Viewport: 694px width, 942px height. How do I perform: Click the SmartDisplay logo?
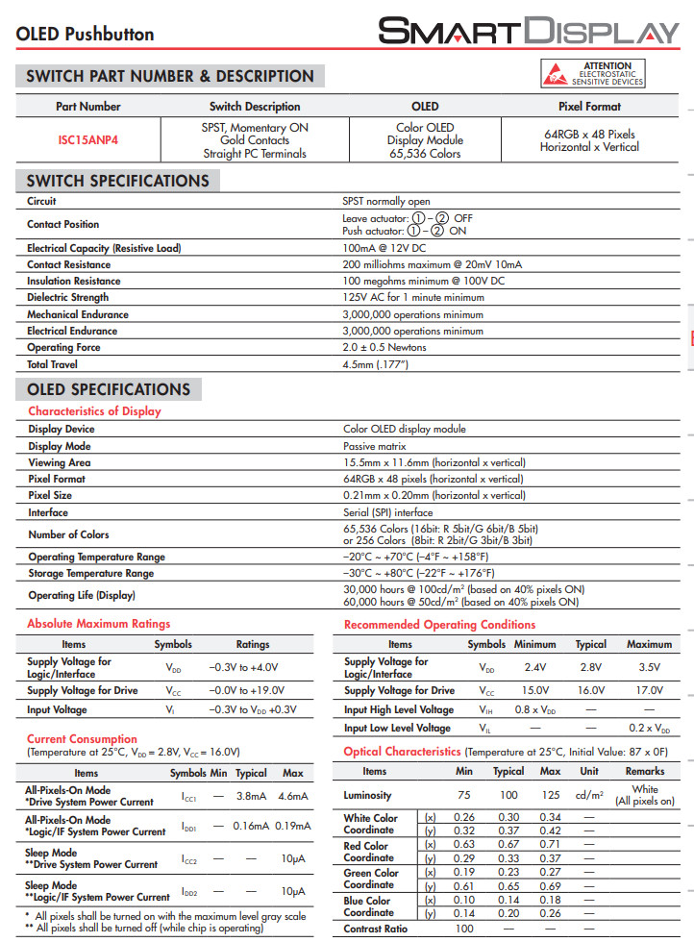click(528, 31)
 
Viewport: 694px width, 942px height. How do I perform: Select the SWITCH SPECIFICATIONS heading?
click(117, 181)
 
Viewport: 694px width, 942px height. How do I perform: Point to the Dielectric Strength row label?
click(68, 298)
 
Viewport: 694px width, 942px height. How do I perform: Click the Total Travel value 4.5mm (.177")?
click(376, 364)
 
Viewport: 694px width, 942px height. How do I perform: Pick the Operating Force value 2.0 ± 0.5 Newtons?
click(384, 347)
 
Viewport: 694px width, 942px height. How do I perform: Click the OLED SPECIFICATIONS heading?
click(109, 389)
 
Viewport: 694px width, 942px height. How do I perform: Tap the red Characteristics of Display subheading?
click(94, 411)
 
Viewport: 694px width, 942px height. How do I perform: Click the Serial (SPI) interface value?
click(388, 512)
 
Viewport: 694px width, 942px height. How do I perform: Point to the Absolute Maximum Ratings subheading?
click(98, 624)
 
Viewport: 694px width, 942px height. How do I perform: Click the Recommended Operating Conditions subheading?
click(439, 625)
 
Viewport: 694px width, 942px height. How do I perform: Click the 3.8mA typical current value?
click(251, 796)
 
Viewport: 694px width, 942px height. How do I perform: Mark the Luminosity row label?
click(367, 795)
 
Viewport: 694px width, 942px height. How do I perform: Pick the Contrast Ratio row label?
click(377, 929)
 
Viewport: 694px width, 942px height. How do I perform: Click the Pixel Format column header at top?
click(589, 107)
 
